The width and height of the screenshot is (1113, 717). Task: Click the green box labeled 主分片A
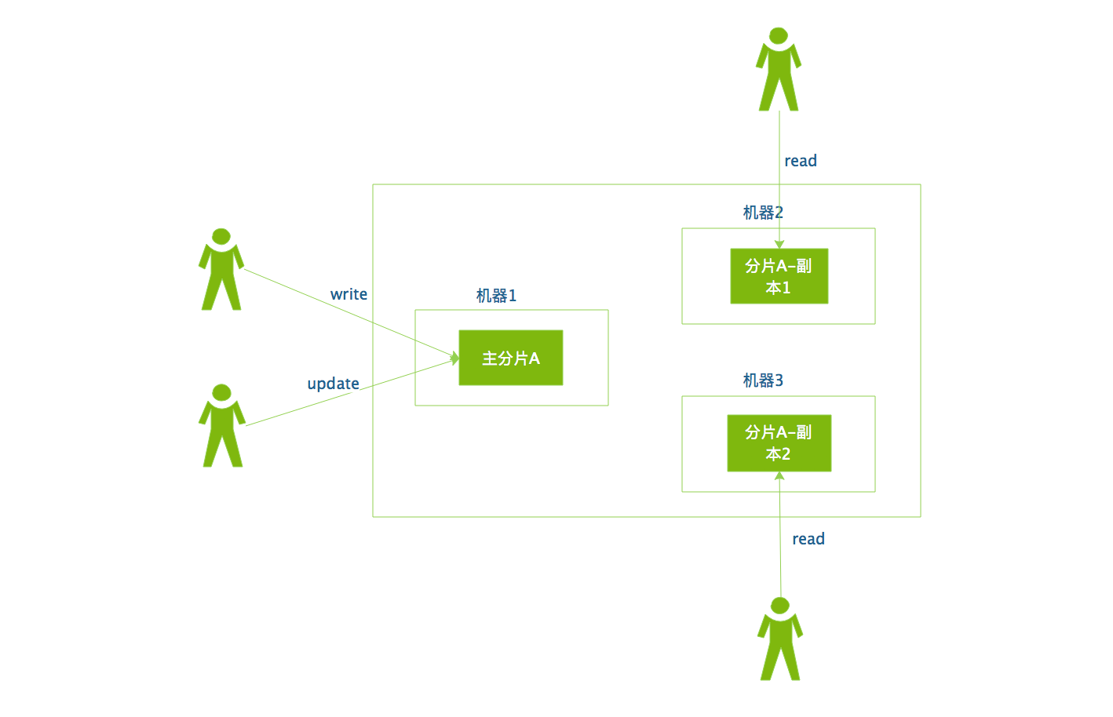[x=511, y=358]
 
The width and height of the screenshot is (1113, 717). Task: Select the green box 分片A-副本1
[x=779, y=276]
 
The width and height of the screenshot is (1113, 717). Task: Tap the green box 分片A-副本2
[x=779, y=443]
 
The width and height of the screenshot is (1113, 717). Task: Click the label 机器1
[x=496, y=296]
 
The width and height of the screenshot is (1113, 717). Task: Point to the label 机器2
[x=763, y=213]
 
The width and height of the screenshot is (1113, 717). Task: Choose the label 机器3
[x=763, y=380]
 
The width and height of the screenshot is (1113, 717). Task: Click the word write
[x=348, y=294]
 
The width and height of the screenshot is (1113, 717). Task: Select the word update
[x=333, y=384]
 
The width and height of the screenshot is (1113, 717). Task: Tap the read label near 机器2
[x=801, y=161]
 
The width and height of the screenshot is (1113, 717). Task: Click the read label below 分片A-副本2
[x=808, y=539]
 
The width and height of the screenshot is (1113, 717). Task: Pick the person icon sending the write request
[x=221, y=271]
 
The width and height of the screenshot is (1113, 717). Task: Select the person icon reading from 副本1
[x=779, y=71]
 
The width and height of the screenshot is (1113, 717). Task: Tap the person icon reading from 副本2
[x=780, y=639]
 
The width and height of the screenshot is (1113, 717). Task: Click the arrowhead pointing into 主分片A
[x=454, y=358]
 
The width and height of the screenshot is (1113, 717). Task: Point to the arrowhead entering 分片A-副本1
[x=779, y=245]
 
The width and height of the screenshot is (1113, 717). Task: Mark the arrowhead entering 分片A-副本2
[x=779, y=475]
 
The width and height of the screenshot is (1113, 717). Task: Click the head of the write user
[x=221, y=236]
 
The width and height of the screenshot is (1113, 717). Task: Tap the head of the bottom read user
[x=780, y=605]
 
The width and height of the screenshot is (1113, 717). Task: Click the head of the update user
[x=222, y=391]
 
